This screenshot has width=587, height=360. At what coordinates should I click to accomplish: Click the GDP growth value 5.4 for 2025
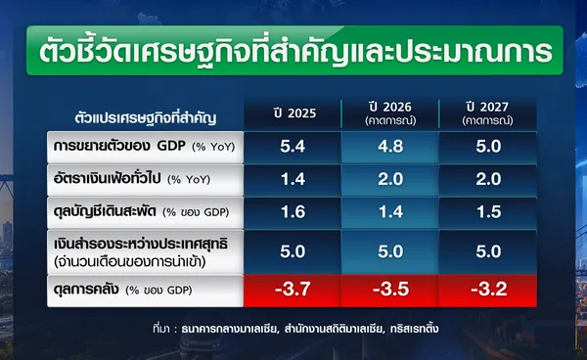293,147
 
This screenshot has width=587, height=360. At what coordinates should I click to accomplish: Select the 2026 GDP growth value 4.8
390,147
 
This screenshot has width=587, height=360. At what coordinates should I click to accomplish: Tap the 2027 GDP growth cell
488,147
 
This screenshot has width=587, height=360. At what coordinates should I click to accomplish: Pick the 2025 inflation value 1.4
293,179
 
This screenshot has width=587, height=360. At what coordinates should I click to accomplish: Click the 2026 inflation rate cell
390,180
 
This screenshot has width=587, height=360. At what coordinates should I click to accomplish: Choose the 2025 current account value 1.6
293,212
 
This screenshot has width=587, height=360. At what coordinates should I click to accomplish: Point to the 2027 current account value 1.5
488,212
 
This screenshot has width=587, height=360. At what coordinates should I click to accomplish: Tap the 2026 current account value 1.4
390,212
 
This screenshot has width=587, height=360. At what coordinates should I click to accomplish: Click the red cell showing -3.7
293,290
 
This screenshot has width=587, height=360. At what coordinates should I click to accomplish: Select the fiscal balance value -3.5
390,290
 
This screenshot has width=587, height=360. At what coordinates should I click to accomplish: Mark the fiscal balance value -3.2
488,290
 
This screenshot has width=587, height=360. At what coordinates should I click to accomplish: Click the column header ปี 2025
295,113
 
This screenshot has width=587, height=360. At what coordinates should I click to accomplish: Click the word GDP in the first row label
171,146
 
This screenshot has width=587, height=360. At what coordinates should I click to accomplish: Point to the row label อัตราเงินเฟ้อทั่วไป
107,178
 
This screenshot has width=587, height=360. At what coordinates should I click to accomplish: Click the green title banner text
295,51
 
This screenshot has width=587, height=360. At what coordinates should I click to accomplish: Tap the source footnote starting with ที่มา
295,329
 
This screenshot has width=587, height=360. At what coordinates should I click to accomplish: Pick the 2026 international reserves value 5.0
390,251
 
